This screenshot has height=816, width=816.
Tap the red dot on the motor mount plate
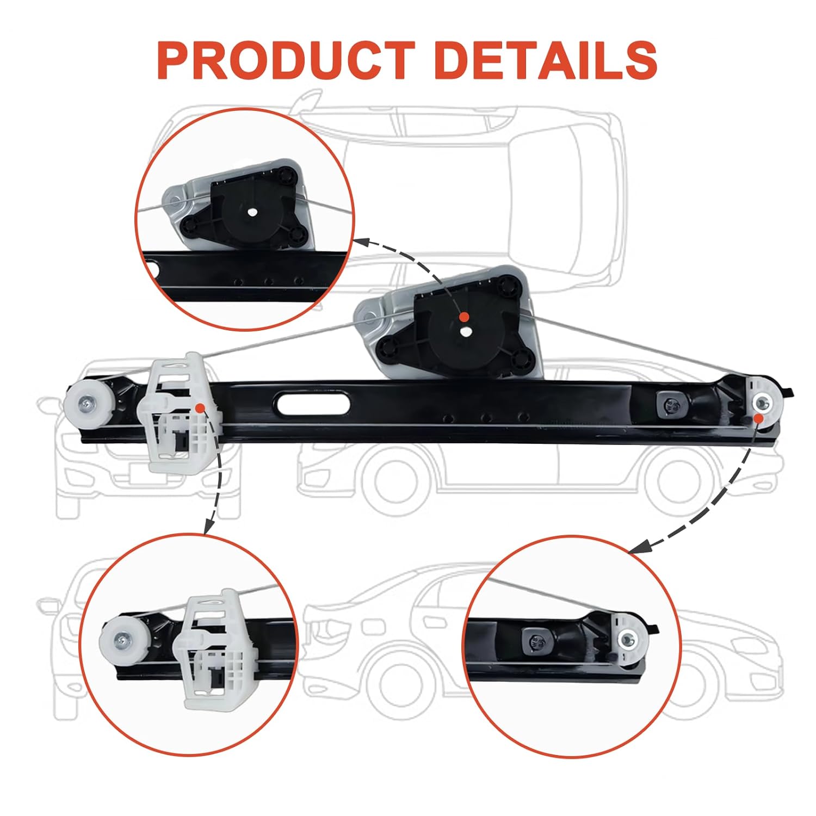(463, 317)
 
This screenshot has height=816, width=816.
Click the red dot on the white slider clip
(200, 407)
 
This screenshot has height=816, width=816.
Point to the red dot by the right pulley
(758, 417)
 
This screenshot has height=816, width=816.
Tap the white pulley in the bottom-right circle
(628, 640)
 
